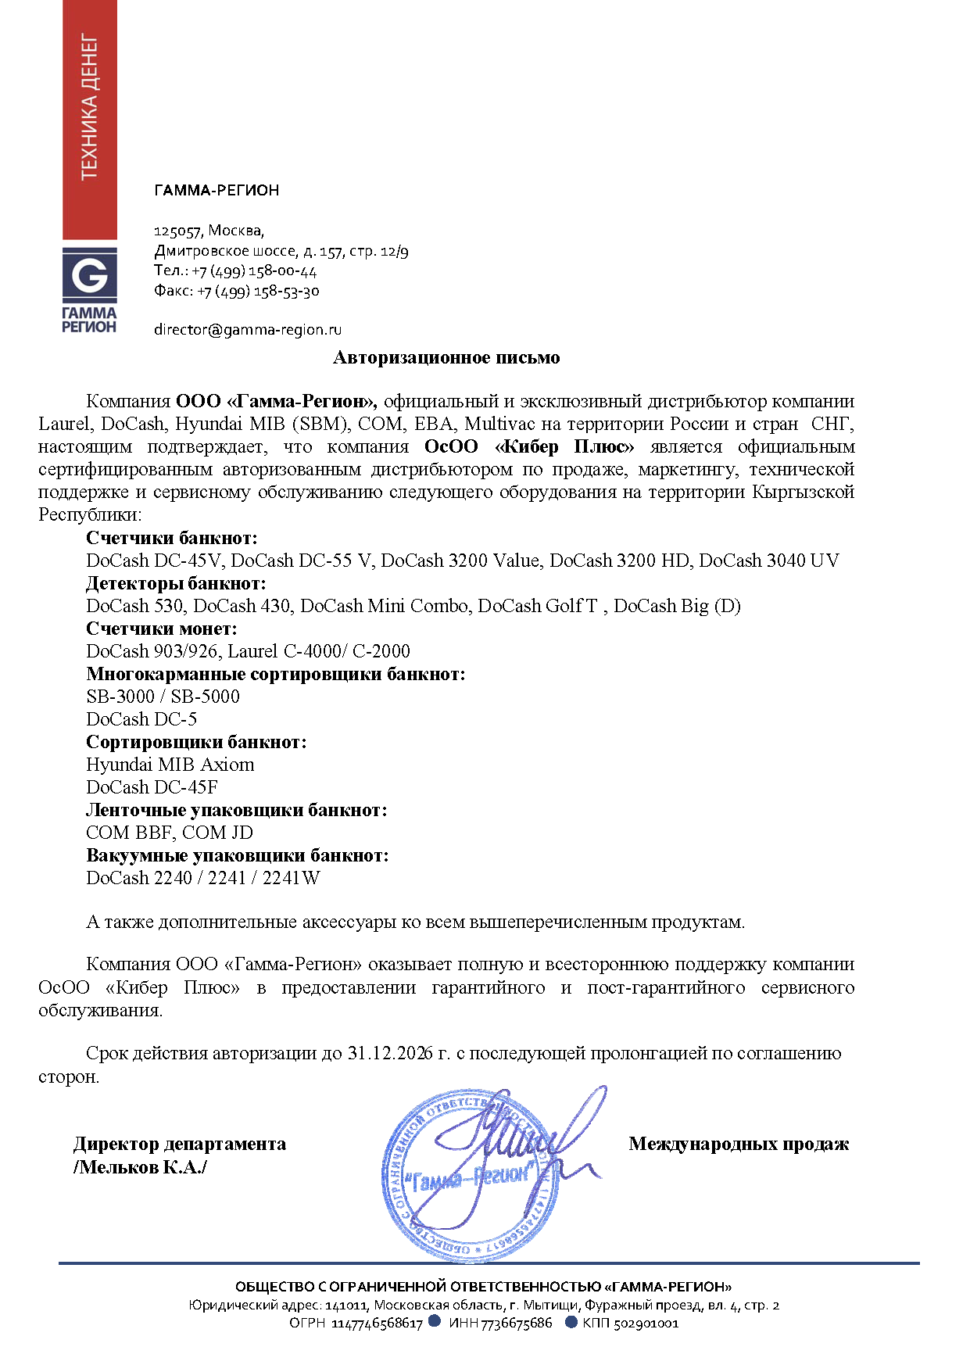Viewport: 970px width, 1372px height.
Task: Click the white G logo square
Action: (x=90, y=275)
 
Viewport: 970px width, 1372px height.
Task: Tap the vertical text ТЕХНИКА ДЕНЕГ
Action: (x=90, y=107)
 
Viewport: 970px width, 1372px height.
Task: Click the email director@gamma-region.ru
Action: (x=248, y=330)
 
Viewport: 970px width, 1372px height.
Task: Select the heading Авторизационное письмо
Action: (x=446, y=358)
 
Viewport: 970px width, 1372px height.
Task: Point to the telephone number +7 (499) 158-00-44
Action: (x=254, y=271)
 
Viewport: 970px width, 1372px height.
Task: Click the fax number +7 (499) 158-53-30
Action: (x=258, y=292)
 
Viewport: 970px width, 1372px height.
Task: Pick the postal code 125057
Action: (x=177, y=231)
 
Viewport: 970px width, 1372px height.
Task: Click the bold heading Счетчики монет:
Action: (x=162, y=629)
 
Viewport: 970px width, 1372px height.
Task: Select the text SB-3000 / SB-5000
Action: (x=163, y=697)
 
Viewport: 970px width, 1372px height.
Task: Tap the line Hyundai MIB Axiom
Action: (x=170, y=765)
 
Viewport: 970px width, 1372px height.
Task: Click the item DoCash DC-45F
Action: (x=152, y=787)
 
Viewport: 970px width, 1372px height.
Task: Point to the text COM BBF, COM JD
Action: (x=170, y=833)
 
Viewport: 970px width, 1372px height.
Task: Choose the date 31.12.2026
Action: (x=390, y=1053)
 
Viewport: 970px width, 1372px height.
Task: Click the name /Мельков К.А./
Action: (x=140, y=1167)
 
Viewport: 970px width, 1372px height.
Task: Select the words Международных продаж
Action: (x=739, y=1145)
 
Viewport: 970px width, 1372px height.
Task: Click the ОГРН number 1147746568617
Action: (x=377, y=1324)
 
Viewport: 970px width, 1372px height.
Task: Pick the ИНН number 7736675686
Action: (x=516, y=1324)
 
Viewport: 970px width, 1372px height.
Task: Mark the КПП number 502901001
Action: (x=646, y=1324)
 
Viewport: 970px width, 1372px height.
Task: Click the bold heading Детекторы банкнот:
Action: (x=176, y=583)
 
